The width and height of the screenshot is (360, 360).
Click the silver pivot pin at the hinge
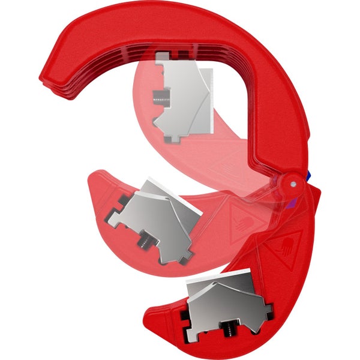pos(293,183)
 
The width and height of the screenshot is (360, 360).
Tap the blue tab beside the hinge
pos(308,175)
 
